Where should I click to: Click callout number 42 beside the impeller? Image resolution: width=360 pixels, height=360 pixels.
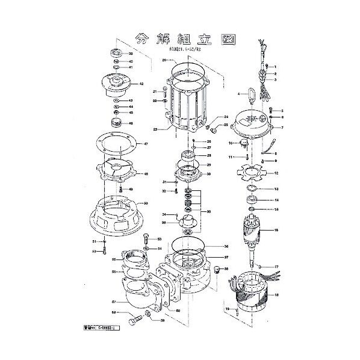click(140, 84)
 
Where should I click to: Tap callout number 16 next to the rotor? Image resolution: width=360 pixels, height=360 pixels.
click(276, 231)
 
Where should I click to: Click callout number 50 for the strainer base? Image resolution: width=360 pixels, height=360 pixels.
click(145, 204)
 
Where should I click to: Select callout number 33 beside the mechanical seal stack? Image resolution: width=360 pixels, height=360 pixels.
click(208, 212)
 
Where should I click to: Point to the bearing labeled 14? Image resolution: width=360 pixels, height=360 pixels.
click(253, 200)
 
